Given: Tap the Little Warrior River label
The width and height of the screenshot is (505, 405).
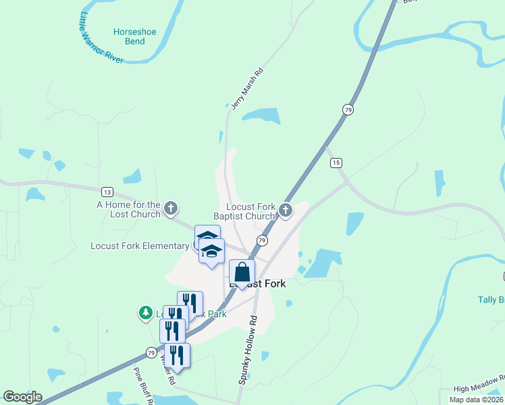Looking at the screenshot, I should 101,38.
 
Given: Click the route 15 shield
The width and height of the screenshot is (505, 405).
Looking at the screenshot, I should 336,163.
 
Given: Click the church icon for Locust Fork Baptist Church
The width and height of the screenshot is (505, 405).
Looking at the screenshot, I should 286,211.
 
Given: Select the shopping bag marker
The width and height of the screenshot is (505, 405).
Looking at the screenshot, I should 242,273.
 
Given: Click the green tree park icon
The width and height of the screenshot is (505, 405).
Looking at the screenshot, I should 145,313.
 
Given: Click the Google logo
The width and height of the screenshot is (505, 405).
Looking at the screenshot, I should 22,397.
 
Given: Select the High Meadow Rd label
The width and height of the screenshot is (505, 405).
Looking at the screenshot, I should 479,388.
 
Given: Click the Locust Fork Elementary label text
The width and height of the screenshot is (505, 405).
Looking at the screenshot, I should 140,246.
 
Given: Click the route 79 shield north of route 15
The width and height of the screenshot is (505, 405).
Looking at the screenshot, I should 348,109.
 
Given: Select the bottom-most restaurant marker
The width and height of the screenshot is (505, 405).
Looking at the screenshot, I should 177,355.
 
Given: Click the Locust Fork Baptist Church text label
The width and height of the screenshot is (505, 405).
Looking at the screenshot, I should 250,211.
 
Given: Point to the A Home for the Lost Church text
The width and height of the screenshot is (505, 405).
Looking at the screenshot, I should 129,209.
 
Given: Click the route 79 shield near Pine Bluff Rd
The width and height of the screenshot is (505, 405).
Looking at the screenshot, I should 151,352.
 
